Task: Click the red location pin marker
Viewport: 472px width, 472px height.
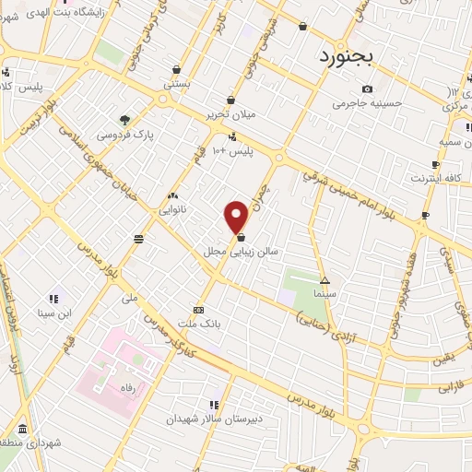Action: click(x=236, y=217)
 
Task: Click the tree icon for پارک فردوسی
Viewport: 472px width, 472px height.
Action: click(x=124, y=118)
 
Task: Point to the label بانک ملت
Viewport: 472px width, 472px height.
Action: click(x=202, y=324)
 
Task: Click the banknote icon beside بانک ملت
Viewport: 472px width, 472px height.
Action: click(x=197, y=310)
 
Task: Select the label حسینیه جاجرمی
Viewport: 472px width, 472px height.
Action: click(x=369, y=103)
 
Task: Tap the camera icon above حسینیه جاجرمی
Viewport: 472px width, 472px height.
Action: click(x=368, y=88)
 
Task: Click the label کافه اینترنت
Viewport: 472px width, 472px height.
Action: click(x=435, y=176)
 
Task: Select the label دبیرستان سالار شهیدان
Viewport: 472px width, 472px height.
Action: click(x=208, y=418)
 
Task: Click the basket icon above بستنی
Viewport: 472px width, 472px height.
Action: click(x=176, y=68)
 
